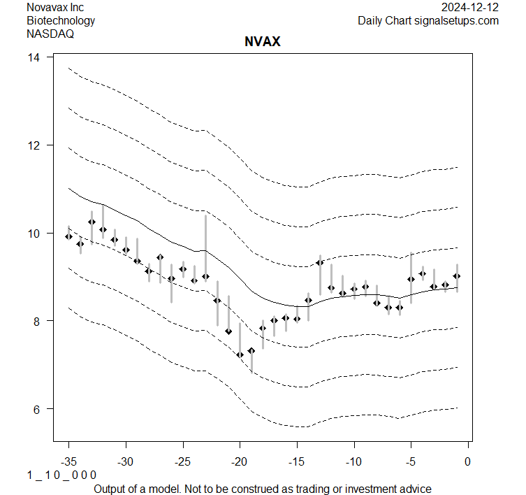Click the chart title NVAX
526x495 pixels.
pos(262,42)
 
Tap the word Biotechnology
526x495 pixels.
pos(61,20)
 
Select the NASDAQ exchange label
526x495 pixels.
pos(51,33)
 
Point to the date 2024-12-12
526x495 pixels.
pos(470,7)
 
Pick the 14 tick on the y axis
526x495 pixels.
pos(34,57)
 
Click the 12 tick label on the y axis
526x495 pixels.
pos(34,145)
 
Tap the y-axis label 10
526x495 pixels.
pos(34,233)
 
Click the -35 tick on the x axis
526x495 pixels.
pos(68,462)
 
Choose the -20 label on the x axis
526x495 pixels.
pos(240,462)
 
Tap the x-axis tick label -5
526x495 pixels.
pos(411,462)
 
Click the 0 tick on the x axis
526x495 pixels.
pos(468,462)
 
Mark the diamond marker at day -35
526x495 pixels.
pos(68,236)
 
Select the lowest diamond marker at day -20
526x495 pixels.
pos(240,354)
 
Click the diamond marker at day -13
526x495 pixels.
pos(320,263)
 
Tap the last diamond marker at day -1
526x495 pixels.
pos(457,276)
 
